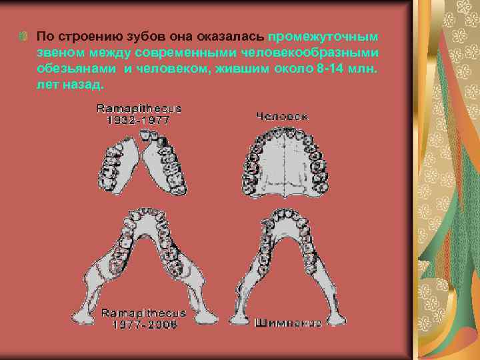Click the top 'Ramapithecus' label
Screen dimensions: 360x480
(139, 107)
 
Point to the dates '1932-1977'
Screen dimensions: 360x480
(139, 120)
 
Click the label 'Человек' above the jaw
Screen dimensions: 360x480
(282, 116)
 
